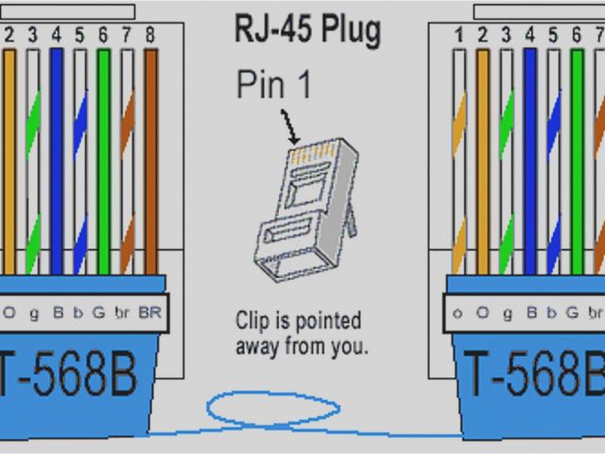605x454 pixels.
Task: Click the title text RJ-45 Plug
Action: (307, 30)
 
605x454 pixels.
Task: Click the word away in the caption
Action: (259, 346)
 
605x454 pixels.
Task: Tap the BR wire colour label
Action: (149, 312)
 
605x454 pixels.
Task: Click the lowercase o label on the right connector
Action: (458, 312)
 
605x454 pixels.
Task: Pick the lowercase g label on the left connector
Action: (33, 312)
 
